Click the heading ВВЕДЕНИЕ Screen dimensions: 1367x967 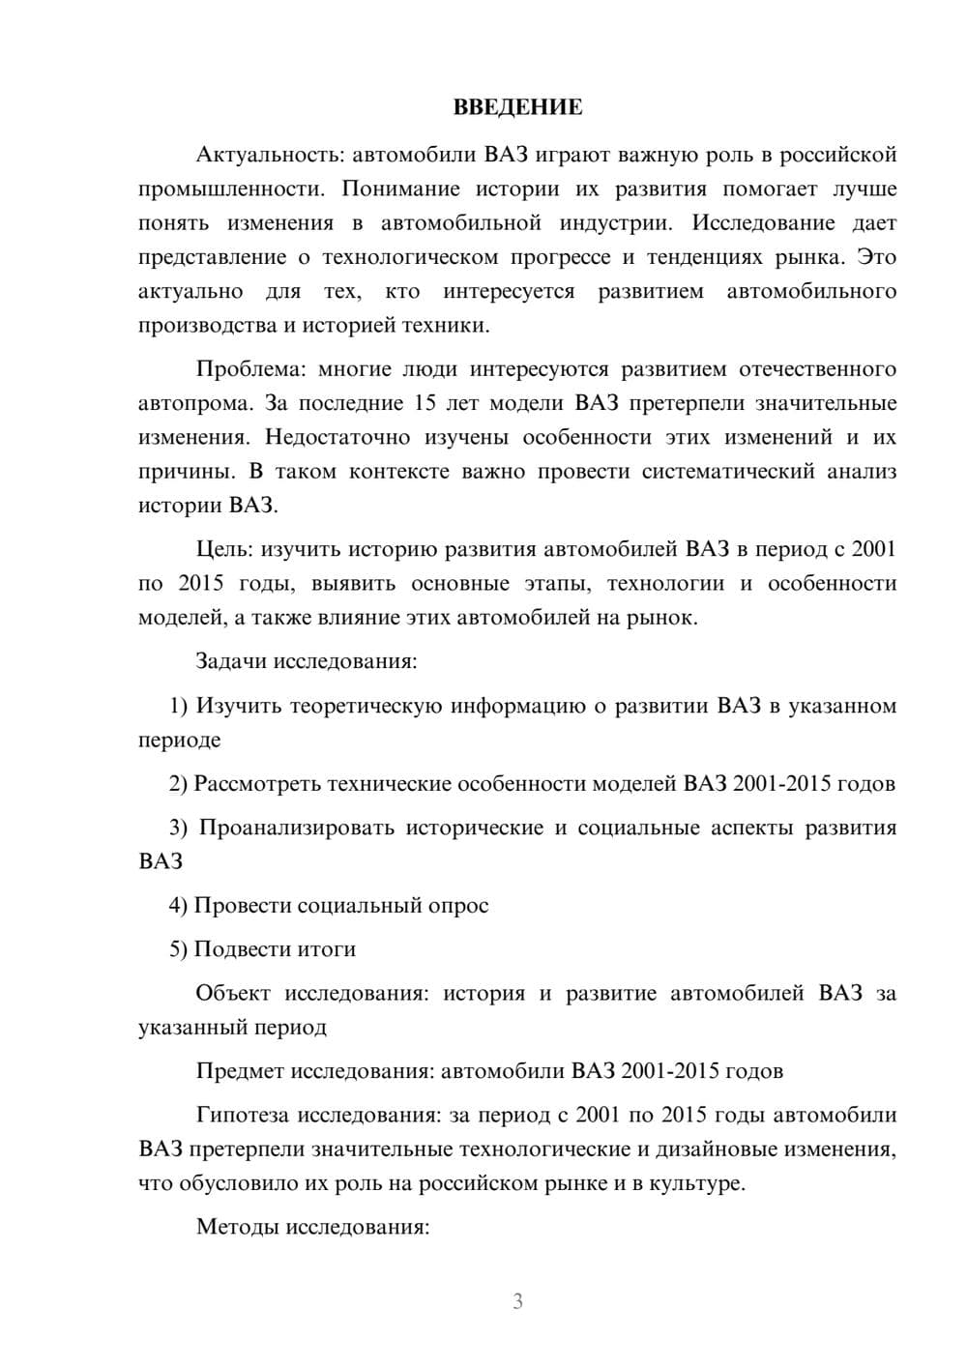517,107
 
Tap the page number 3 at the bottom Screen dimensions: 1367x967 517,1301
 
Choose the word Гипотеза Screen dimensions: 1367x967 242,1115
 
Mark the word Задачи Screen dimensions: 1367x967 231,662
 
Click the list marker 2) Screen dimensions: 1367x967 178,784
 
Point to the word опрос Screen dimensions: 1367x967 458,906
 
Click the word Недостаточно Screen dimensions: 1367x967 337,437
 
